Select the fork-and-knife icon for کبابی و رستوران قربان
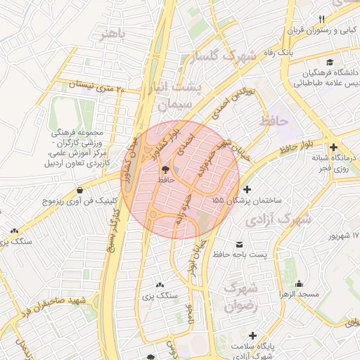(x=322, y=19)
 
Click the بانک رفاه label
(x=296, y=52)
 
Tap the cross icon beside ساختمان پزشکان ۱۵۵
(x=247, y=189)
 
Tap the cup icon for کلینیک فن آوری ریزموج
(x=79, y=190)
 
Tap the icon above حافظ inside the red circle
(x=166, y=169)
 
